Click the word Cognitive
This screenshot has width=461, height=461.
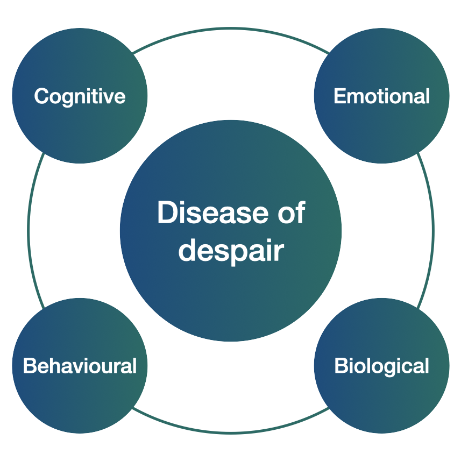[80, 96]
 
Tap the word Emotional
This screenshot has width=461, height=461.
[381, 96]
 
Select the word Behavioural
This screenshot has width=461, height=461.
[80, 366]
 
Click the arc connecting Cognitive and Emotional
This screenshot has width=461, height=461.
[231, 29]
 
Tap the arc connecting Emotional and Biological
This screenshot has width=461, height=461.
[433, 231]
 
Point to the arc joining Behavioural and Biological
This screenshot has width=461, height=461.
[231, 433]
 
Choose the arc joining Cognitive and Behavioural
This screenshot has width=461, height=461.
[29, 231]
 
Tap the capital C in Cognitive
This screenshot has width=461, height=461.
[42, 96]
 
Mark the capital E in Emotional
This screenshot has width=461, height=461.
[341, 96]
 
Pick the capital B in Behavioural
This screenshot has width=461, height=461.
[30, 366]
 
